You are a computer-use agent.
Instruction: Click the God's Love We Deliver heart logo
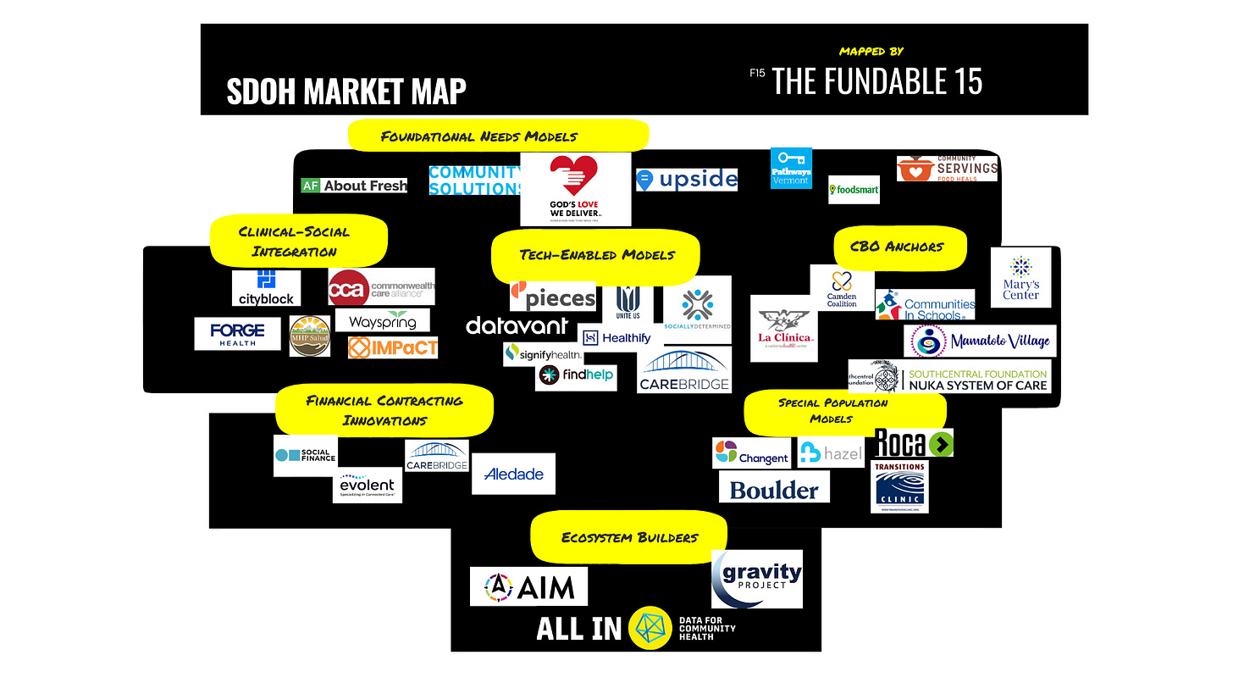coord(575,188)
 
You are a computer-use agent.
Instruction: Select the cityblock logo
coord(266,288)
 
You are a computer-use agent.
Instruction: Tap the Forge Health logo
coord(237,333)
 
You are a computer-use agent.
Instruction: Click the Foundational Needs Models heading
coord(498,136)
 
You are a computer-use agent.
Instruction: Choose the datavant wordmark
coord(517,326)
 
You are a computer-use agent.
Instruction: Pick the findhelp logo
coord(576,375)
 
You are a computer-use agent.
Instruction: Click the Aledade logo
coord(513,475)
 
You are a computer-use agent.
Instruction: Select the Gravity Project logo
coord(756,579)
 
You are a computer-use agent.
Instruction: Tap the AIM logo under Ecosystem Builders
coord(528,586)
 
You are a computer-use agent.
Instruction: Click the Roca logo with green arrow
coord(913,442)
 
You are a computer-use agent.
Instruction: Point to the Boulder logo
coord(774,488)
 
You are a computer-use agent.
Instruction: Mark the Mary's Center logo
coord(1020,278)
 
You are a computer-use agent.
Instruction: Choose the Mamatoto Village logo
coord(979,341)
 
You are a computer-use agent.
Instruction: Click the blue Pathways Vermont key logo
coord(791,168)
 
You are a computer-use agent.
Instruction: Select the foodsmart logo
coord(854,190)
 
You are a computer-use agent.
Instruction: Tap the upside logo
coord(687,180)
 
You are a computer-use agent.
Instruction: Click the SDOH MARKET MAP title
coord(346,91)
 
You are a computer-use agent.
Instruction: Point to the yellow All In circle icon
coord(650,628)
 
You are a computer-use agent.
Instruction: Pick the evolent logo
coord(367,486)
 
